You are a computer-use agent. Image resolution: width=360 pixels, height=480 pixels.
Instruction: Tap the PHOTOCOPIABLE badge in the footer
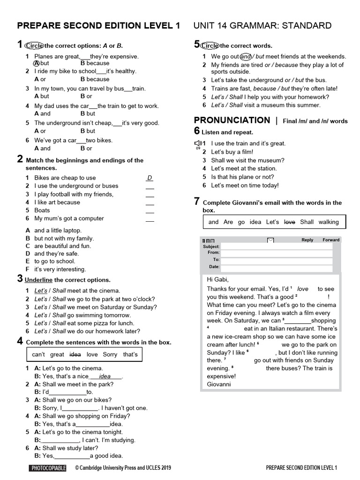tap(48, 468)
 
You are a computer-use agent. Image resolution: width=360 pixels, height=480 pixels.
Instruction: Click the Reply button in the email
tap(307, 240)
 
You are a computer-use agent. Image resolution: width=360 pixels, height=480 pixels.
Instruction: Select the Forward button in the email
tap(331, 240)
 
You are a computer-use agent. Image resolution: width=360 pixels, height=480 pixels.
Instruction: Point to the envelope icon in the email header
tap(270, 240)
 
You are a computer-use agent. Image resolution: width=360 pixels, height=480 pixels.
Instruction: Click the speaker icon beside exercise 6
tap(198, 143)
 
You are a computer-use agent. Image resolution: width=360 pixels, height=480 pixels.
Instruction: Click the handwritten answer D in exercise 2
tap(150, 178)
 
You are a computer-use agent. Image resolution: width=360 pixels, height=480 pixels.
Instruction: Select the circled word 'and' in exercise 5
tap(246, 57)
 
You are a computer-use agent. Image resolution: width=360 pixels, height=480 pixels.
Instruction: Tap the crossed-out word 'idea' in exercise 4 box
tap(75, 355)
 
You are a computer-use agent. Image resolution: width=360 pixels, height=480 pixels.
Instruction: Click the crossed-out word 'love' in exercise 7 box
tap(290, 222)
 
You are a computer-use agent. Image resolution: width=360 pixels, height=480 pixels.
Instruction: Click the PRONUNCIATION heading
tap(232, 120)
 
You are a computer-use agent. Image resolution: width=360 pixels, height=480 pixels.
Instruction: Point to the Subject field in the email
tap(276, 247)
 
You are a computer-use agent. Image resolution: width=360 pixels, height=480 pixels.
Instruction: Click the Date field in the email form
tap(276, 267)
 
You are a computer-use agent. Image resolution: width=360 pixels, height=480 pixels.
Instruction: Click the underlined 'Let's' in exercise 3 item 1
tap(40, 291)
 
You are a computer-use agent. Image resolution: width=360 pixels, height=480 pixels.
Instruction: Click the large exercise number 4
tap(20, 341)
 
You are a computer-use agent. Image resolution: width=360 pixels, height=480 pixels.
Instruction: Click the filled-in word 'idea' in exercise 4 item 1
tap(105, 376)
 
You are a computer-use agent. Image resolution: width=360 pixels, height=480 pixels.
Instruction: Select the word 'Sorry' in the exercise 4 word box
tap(110, 355)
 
